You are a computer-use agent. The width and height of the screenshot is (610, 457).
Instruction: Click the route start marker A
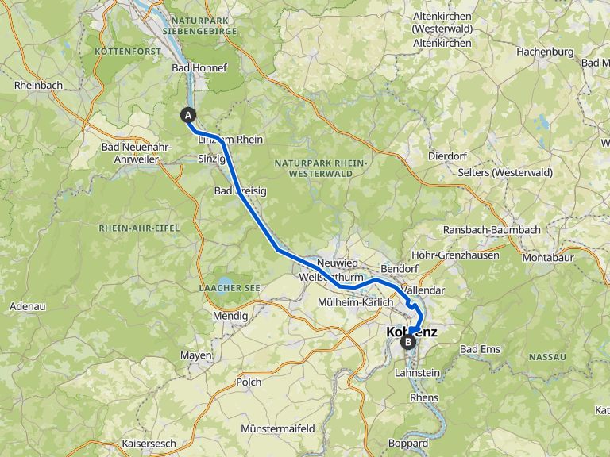[x=189, y=114]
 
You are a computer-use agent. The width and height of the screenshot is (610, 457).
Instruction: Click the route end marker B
[x=408, y=342]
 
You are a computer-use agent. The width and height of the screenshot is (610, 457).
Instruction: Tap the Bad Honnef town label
[x=199, y=68]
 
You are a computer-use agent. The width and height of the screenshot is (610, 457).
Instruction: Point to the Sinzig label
[x=211, y=159]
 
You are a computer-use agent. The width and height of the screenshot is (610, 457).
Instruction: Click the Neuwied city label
[x=338, y=263]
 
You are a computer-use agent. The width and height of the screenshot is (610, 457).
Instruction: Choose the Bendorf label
[x=400, y=268]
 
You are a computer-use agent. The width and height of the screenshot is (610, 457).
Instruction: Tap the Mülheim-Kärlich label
[x=355, y=303]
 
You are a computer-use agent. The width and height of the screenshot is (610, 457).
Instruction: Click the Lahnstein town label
[x=417, y=373]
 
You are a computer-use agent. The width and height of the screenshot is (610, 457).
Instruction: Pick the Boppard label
[x=408, y=443]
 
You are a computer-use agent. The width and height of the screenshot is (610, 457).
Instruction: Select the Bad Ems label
[x=480, y=349]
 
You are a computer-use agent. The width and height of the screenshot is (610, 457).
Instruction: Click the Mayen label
[x=195, y=355]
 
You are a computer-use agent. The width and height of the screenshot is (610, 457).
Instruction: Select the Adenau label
[x=27, y=306]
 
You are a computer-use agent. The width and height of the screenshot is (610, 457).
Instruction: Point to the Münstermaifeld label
[x=278, y=428]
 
